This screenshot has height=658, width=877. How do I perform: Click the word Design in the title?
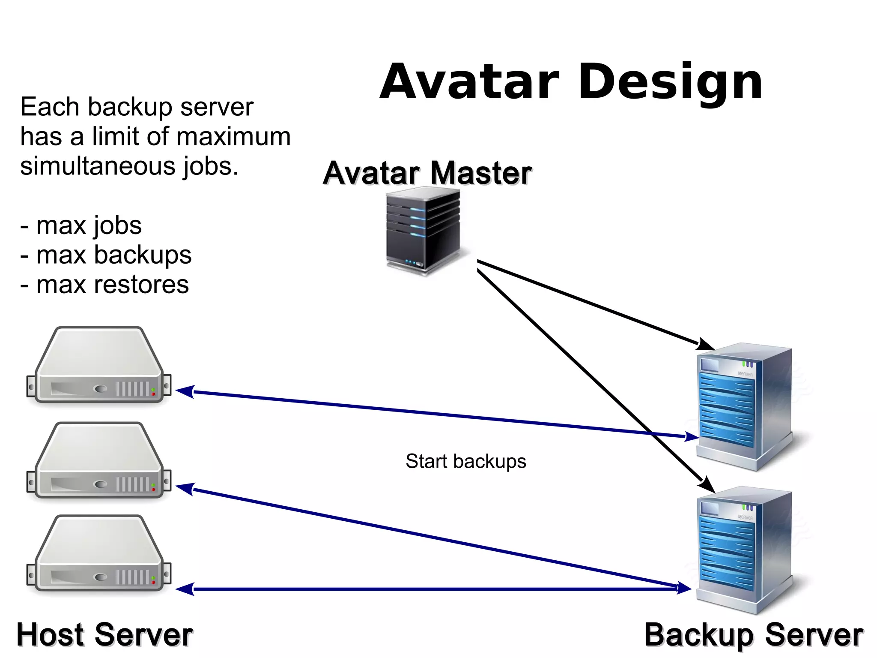coord(671,82)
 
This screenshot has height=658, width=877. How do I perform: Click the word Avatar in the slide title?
coord(469,82)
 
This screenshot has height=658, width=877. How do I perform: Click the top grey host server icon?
coord(99,366)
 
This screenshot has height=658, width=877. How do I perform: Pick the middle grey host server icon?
coord(99,461)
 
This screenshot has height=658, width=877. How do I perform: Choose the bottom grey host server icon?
coord(99,554)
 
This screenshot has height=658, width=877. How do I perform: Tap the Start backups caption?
coord(465,462)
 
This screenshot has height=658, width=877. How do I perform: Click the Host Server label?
coord(104,635)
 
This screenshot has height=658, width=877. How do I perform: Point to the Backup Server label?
coord(753,635)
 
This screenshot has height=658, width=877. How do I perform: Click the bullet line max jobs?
coord(81,225)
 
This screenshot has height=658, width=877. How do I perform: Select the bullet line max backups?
coord(106,255)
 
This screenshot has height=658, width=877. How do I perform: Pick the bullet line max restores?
coord(104,285)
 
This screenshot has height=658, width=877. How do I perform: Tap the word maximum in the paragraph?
coord(233,137)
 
